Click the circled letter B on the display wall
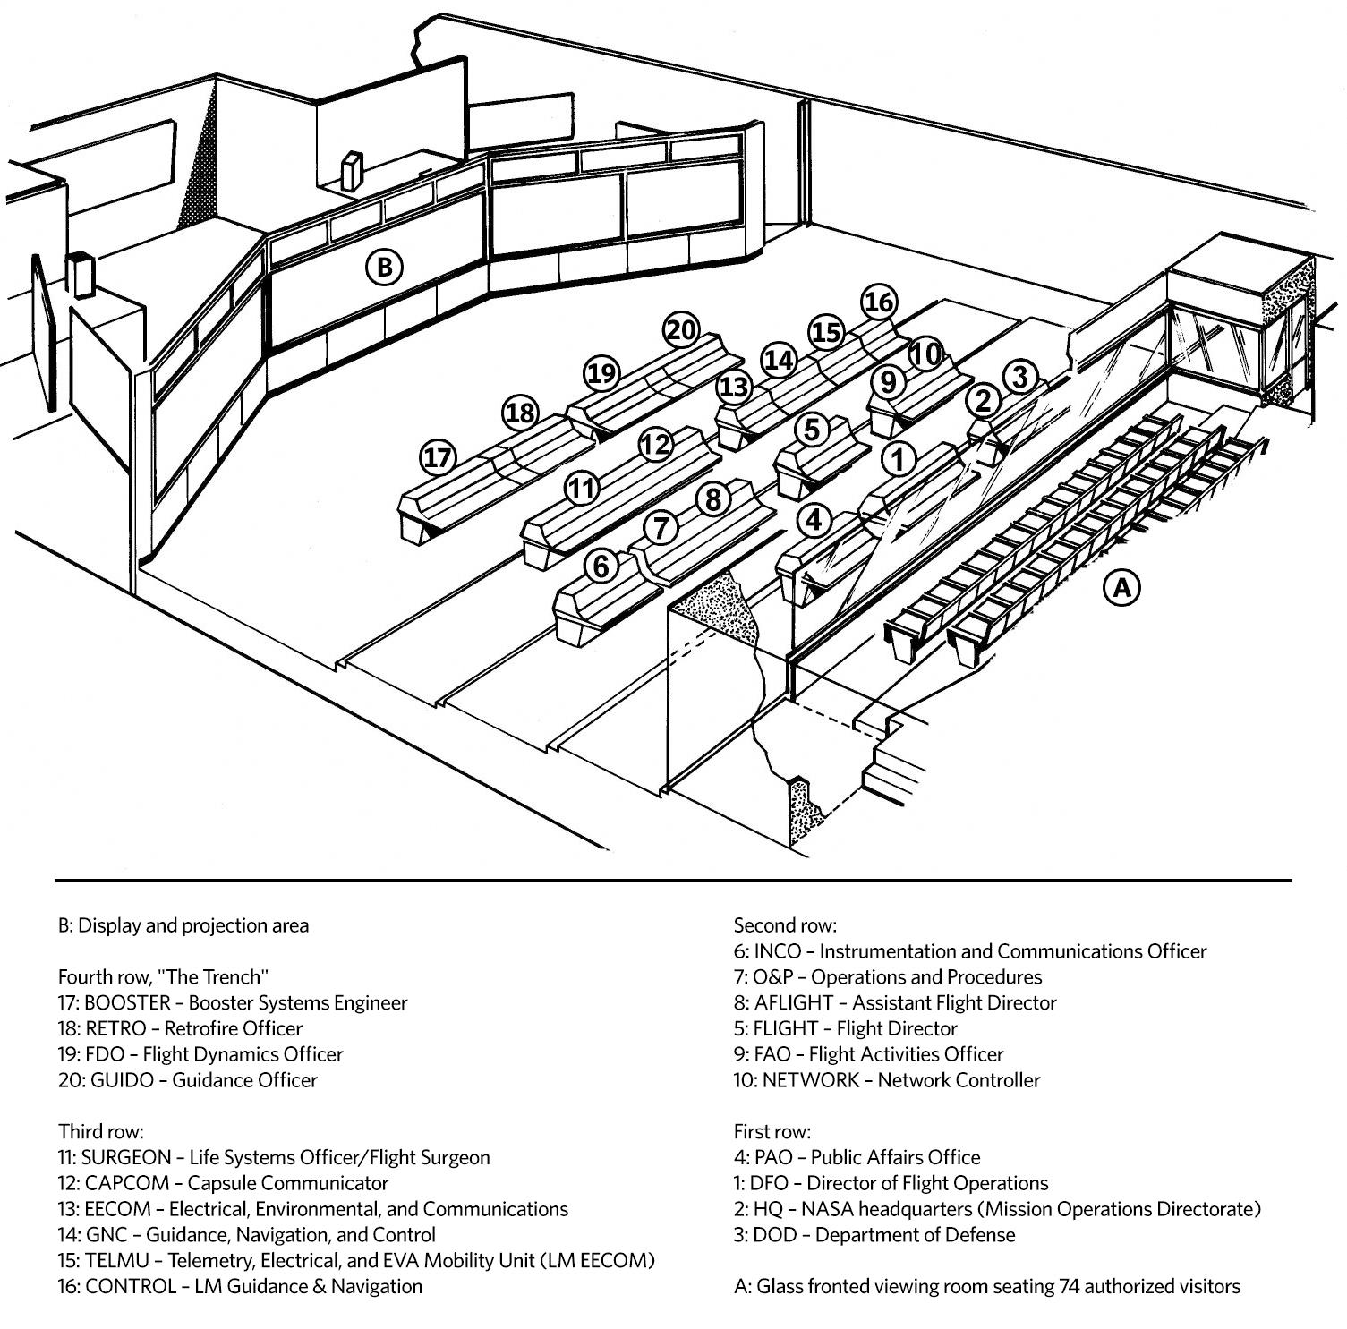(384, 267)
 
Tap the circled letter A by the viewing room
(1122, 587)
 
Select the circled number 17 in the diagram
(438, 458)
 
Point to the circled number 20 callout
(681, 331)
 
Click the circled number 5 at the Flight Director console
(812, 430)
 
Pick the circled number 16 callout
(879, 302)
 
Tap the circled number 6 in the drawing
(601, 566)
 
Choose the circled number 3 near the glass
(1020, 377)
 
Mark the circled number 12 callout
(655, 444)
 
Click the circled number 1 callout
(899, 459)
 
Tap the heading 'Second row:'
(785, 925)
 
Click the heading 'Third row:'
(100, 1131)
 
